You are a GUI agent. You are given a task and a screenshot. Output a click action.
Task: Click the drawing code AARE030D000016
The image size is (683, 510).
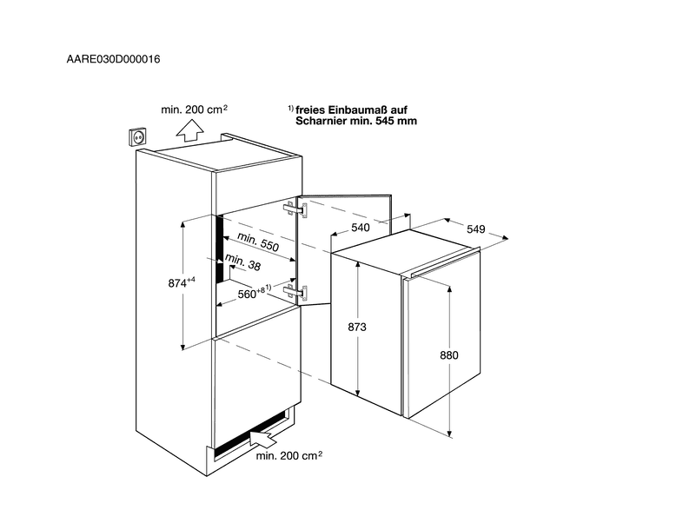click(113, 59)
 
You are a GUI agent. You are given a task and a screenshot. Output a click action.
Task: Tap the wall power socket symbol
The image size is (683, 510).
click(137, 136)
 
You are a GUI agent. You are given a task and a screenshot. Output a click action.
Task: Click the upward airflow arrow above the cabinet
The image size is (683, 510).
click(190, 130)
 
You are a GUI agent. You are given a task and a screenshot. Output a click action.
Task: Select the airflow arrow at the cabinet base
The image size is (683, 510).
click(263, 438)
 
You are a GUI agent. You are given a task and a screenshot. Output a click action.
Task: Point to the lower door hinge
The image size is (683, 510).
click(295, 291)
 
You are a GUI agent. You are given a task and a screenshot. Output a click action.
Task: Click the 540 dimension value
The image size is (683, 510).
click(361, 228)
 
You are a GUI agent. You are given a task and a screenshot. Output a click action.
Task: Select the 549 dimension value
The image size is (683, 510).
click(475, 229)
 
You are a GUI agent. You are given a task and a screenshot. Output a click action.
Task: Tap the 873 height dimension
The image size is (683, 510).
click(357, 327)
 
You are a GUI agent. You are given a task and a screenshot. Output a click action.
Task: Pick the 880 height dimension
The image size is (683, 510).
click(449, 355)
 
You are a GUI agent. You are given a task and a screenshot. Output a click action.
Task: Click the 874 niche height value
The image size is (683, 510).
click(182, 282)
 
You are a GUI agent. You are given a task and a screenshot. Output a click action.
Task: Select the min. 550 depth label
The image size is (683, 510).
click(258, 242)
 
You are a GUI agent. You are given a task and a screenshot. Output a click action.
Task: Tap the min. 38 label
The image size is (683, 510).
click(243, 262)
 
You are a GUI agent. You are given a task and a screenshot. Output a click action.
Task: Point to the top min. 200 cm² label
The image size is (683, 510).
click(195, 109)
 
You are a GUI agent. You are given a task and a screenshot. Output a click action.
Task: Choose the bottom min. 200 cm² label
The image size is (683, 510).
click(289, 455)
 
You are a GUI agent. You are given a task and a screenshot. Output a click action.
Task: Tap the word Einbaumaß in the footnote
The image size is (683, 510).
click(357, 109)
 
